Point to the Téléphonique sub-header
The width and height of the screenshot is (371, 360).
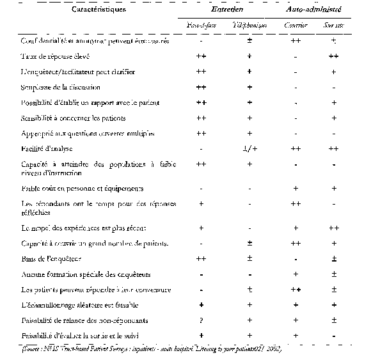[x=249, y=26]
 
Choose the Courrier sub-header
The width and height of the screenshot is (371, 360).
[x=296, y=26]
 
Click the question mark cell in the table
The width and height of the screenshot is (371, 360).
[x=201, y=320]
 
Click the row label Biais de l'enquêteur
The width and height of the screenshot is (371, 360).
[x=47, y=258]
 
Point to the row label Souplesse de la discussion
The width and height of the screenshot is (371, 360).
[x=57, y=87]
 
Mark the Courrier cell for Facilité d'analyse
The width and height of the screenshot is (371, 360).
[x=296, y=148]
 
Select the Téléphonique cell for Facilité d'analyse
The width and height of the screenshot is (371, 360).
[x=249, y=148]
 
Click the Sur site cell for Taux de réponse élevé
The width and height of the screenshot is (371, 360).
[x=333, y=56]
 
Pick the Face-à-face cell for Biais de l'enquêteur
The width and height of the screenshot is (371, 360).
[x=201, y=258]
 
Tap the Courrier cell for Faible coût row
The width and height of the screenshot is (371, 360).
[x=296, y=188]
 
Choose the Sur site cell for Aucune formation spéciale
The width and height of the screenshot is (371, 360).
[x=333, y=274]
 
